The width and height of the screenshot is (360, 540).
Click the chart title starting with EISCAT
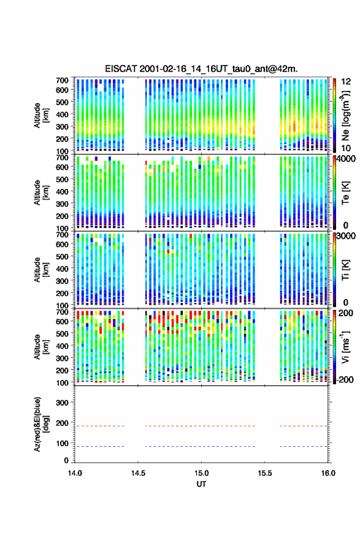201,69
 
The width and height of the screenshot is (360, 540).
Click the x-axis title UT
201,484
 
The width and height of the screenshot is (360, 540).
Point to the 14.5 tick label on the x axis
138,473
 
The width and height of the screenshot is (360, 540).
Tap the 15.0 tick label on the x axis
201,473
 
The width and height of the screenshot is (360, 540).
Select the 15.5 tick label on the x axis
265,473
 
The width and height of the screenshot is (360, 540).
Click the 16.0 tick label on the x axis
328,473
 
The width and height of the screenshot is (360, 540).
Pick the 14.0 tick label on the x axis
75,473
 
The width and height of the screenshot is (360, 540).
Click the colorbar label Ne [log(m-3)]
345,115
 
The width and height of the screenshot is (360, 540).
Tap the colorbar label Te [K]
345,193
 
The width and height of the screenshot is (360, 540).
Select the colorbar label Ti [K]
345,269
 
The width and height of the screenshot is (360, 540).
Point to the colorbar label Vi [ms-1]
345,347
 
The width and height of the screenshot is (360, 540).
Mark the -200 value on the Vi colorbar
345,379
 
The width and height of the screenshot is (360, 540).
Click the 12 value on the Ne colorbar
347,82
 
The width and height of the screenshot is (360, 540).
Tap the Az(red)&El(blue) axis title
41,424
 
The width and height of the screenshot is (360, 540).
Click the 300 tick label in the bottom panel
62,403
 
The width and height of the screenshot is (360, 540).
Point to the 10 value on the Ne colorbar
347,148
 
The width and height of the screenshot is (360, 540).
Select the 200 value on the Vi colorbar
346,313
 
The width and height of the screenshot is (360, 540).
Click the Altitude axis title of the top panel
41,115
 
